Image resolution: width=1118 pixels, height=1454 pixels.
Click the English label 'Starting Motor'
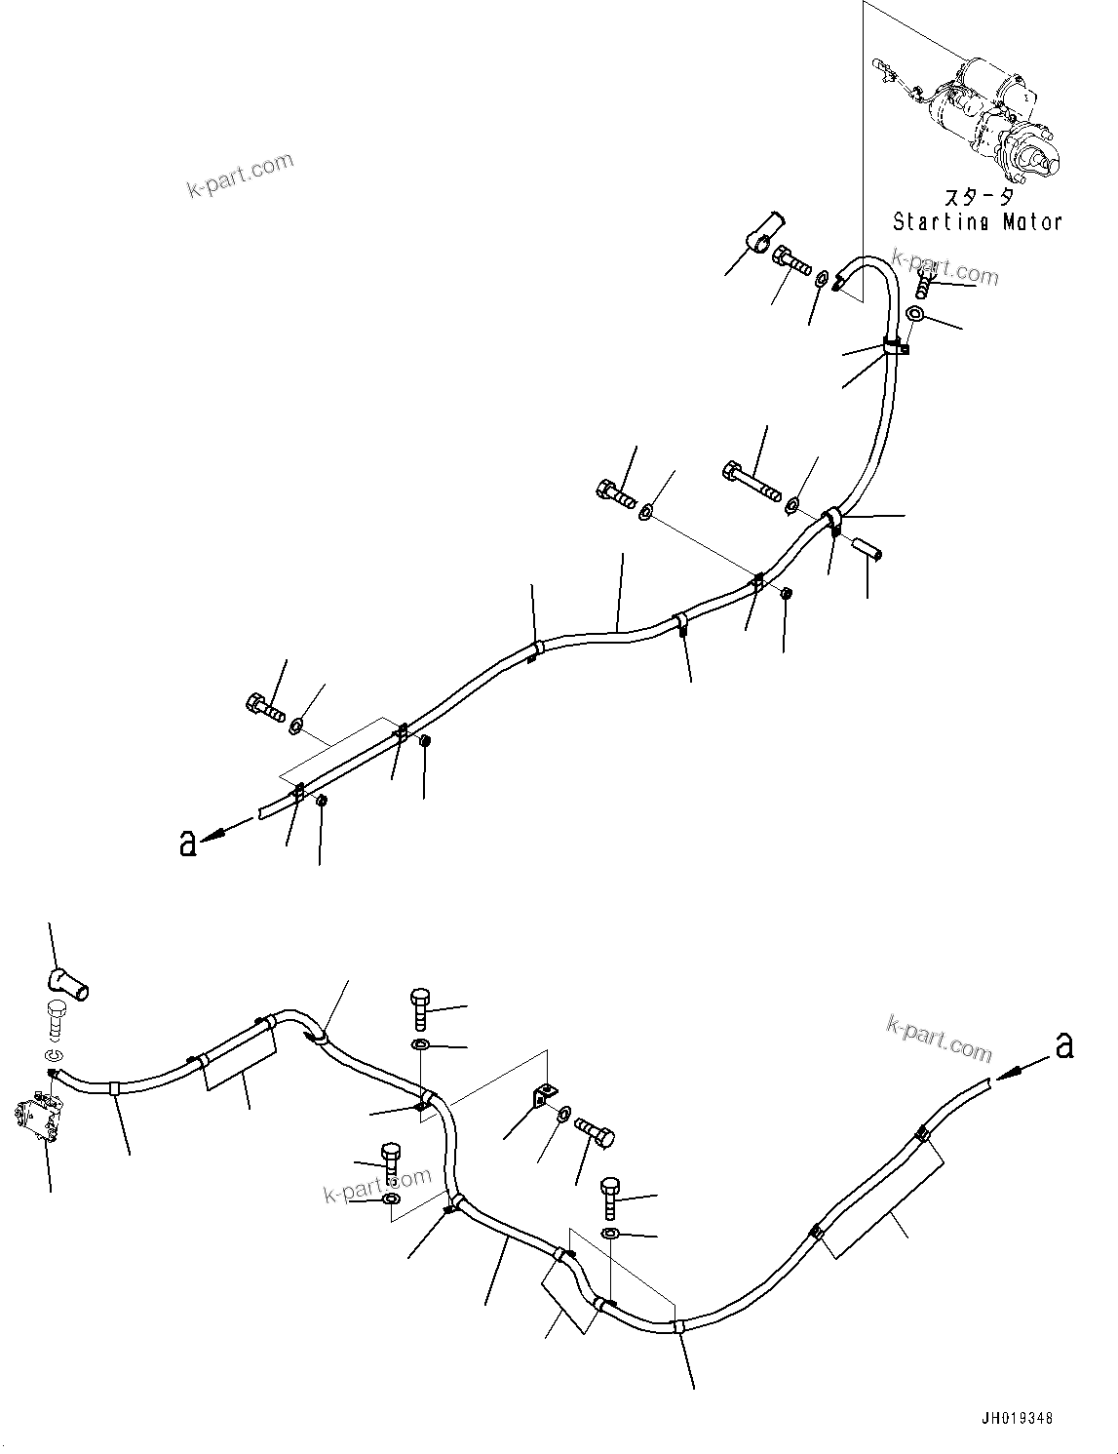pos(977,222)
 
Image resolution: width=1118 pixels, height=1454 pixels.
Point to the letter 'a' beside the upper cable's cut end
pos(188,843)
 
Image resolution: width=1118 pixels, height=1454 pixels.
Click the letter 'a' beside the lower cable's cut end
pos(1064,1045)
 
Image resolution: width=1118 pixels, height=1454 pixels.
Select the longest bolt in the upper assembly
pos(752,482)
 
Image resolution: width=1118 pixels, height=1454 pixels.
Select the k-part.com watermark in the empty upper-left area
pos(240,175)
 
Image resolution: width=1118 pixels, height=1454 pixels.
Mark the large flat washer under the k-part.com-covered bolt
pos(917,313)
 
